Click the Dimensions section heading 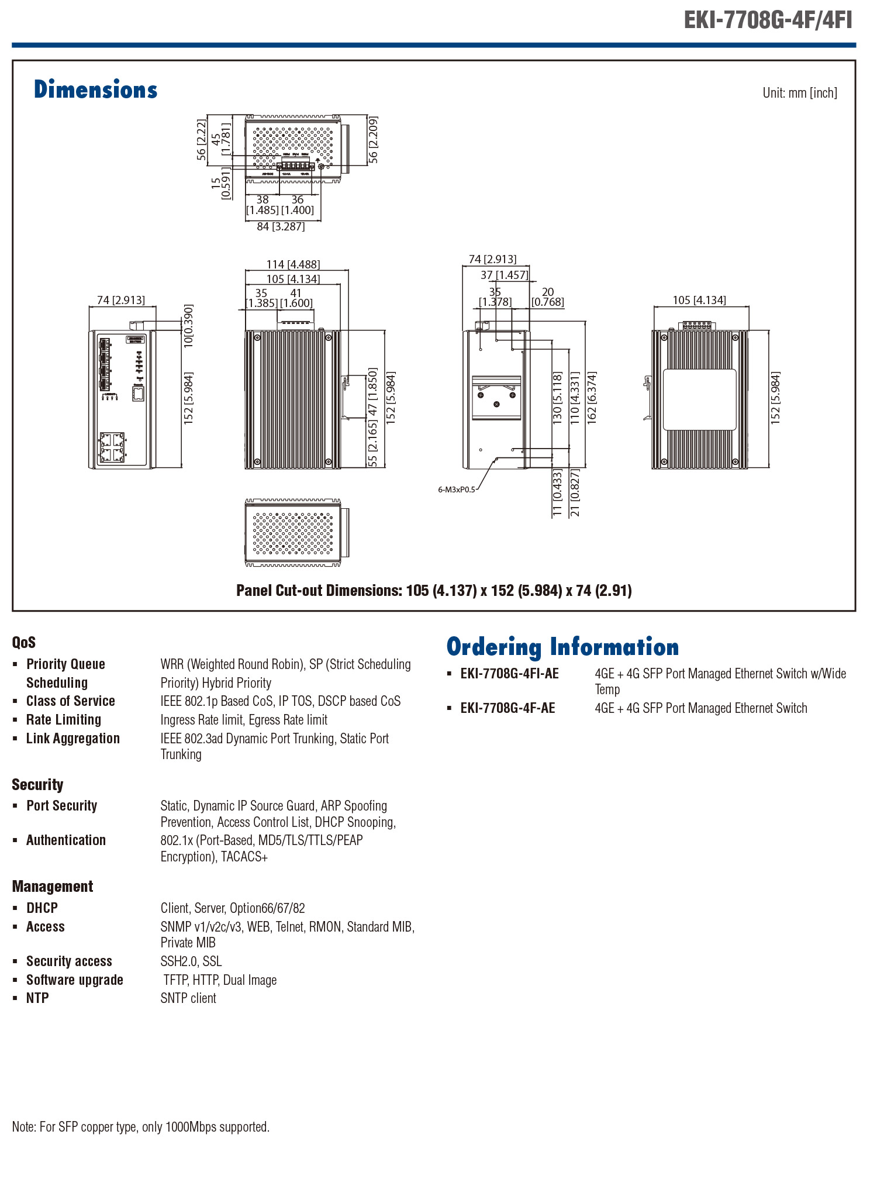[95, 90]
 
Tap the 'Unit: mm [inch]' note [799, 93]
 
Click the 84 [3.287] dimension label [281, 226]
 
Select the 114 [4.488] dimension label [293, 264]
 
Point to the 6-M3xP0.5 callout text [457, 489]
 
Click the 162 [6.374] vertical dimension [592, 397]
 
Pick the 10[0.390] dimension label [188, 326]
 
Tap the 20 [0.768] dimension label [548, 297]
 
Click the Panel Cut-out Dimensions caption [434, 591]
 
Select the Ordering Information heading [562, 647]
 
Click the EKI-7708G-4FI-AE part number [509, 674]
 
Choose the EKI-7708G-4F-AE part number [507, 708]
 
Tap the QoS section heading [24, 643]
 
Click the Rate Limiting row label [64, 720]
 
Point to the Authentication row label [66, 840]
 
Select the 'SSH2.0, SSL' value [191, 961]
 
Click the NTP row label [37, 998]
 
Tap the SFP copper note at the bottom [141, 1127]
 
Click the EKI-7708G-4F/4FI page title [768, 20]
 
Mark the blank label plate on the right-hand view [699, 399]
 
